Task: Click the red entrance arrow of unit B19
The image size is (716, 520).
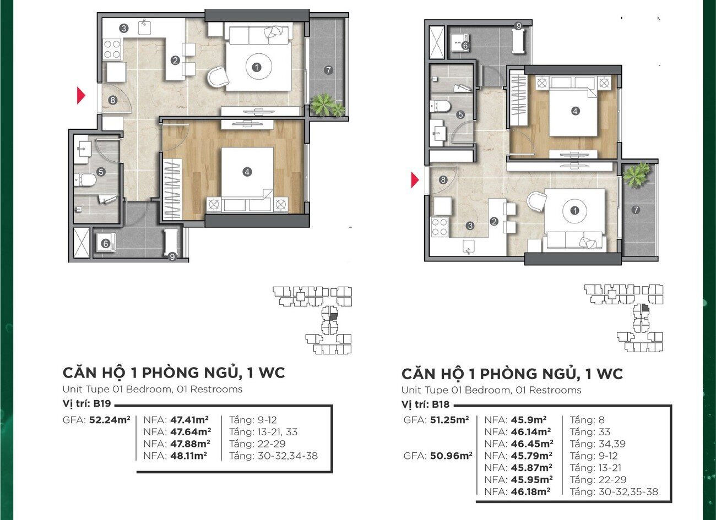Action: (81, 96)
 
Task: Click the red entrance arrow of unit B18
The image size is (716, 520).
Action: (415, 180)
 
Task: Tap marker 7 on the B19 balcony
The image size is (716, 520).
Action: (328, 70)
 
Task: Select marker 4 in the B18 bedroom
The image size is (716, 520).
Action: (575, 111)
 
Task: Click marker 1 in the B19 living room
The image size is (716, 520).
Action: (256, 67)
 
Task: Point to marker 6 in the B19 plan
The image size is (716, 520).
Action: (106, 244)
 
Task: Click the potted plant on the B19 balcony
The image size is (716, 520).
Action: (327, 105)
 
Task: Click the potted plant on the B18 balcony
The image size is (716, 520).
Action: (637, 174)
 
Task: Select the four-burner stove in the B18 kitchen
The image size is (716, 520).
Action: (440, 227)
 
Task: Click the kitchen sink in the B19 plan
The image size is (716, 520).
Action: (144, 26)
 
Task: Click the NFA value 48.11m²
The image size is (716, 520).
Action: (188, 456)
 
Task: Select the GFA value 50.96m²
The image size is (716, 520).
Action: (451, 456)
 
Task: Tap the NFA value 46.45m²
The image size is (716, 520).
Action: (532, 444)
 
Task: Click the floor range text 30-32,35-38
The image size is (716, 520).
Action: (628, 492)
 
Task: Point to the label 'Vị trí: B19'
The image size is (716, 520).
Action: (86, 403)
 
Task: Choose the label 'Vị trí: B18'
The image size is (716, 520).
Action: (425, 404)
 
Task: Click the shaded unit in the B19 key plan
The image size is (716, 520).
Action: (333, 317)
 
